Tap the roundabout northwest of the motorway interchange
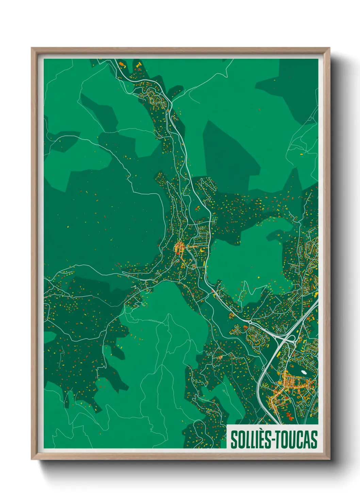point(250,321)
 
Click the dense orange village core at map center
point(179,248)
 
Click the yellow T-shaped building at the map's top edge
point(138,64)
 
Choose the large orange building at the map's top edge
point(122,64)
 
